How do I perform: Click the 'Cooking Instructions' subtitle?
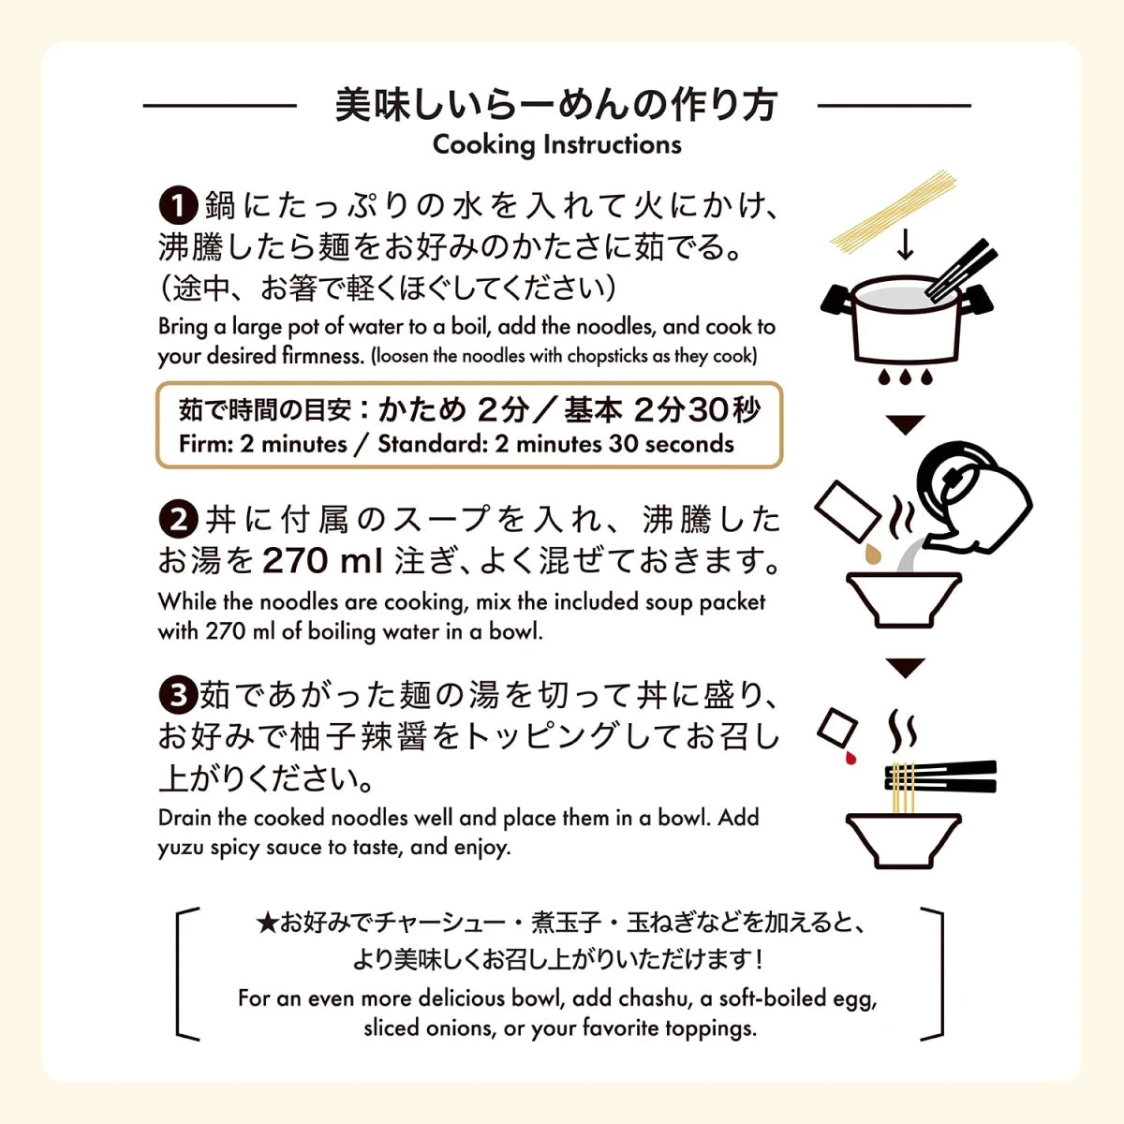point(556,144)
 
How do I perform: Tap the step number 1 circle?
point(178,205)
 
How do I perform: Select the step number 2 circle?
point(178,519)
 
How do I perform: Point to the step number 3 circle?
point(178,695)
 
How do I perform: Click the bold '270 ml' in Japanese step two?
point(322,561)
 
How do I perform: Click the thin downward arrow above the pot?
point(905,245)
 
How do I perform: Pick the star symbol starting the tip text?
point(267,924)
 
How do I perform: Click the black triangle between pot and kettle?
point(905,424)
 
